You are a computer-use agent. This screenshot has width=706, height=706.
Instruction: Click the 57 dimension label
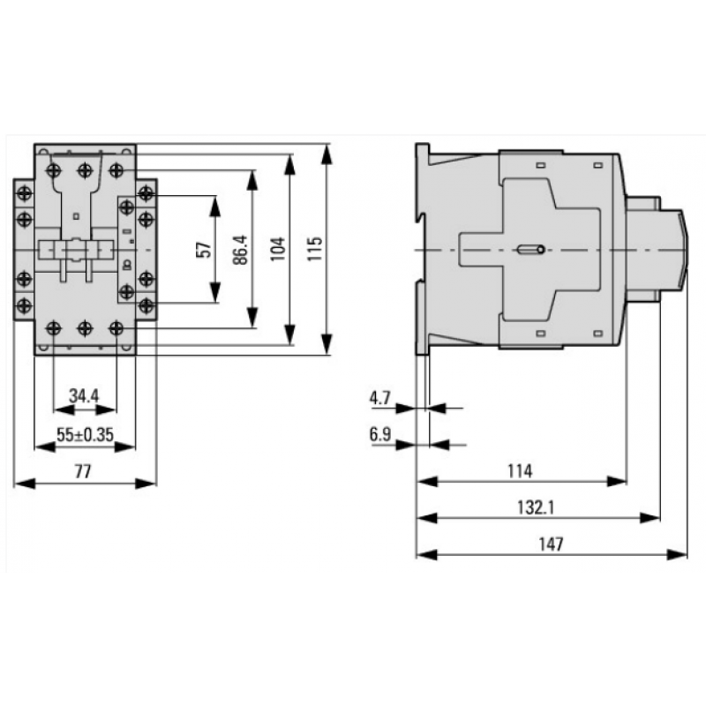pos(205,250)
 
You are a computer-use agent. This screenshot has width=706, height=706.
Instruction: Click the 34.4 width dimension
pos(84,396)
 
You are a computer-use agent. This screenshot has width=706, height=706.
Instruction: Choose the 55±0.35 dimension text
pos(84,433)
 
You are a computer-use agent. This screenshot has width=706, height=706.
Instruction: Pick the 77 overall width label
pos(83,470)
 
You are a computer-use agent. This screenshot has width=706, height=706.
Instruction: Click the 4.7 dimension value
pos(380,398)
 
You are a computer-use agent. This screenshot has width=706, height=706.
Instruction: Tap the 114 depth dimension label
pos(520,470)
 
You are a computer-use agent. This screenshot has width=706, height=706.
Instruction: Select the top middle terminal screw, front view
pos(85,169)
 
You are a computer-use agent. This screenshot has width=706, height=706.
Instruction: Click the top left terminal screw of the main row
pos(55,169)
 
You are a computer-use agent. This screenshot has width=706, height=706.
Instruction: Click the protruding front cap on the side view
pos(672,250)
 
